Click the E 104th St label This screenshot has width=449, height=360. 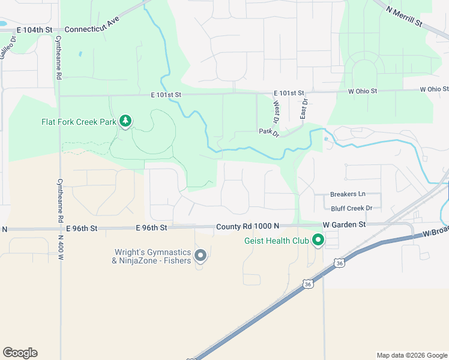(x=35, y=29)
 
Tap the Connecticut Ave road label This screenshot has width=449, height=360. (x=92, y=25)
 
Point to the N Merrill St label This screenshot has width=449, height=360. (x=405, y=16)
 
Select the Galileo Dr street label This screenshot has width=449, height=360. (x=7, y=46)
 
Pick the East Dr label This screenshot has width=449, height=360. (x=304, y=109)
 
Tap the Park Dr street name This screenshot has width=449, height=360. (x=269, y=131)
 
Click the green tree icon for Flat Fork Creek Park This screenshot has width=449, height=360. (x=125, y=121)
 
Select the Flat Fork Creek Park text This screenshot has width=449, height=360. (x=78, y=122)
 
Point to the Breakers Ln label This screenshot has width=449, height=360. (x=348, y=194)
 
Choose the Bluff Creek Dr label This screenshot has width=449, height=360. (x=352, y=208)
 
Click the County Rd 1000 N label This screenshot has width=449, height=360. (x=248, y=226)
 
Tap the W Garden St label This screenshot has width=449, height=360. (x=344, y=224)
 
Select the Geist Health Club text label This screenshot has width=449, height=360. (x=276, y=241)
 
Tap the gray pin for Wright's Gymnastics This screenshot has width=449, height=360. (x=201, y=256)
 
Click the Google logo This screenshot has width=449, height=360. (x=20, y=353)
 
